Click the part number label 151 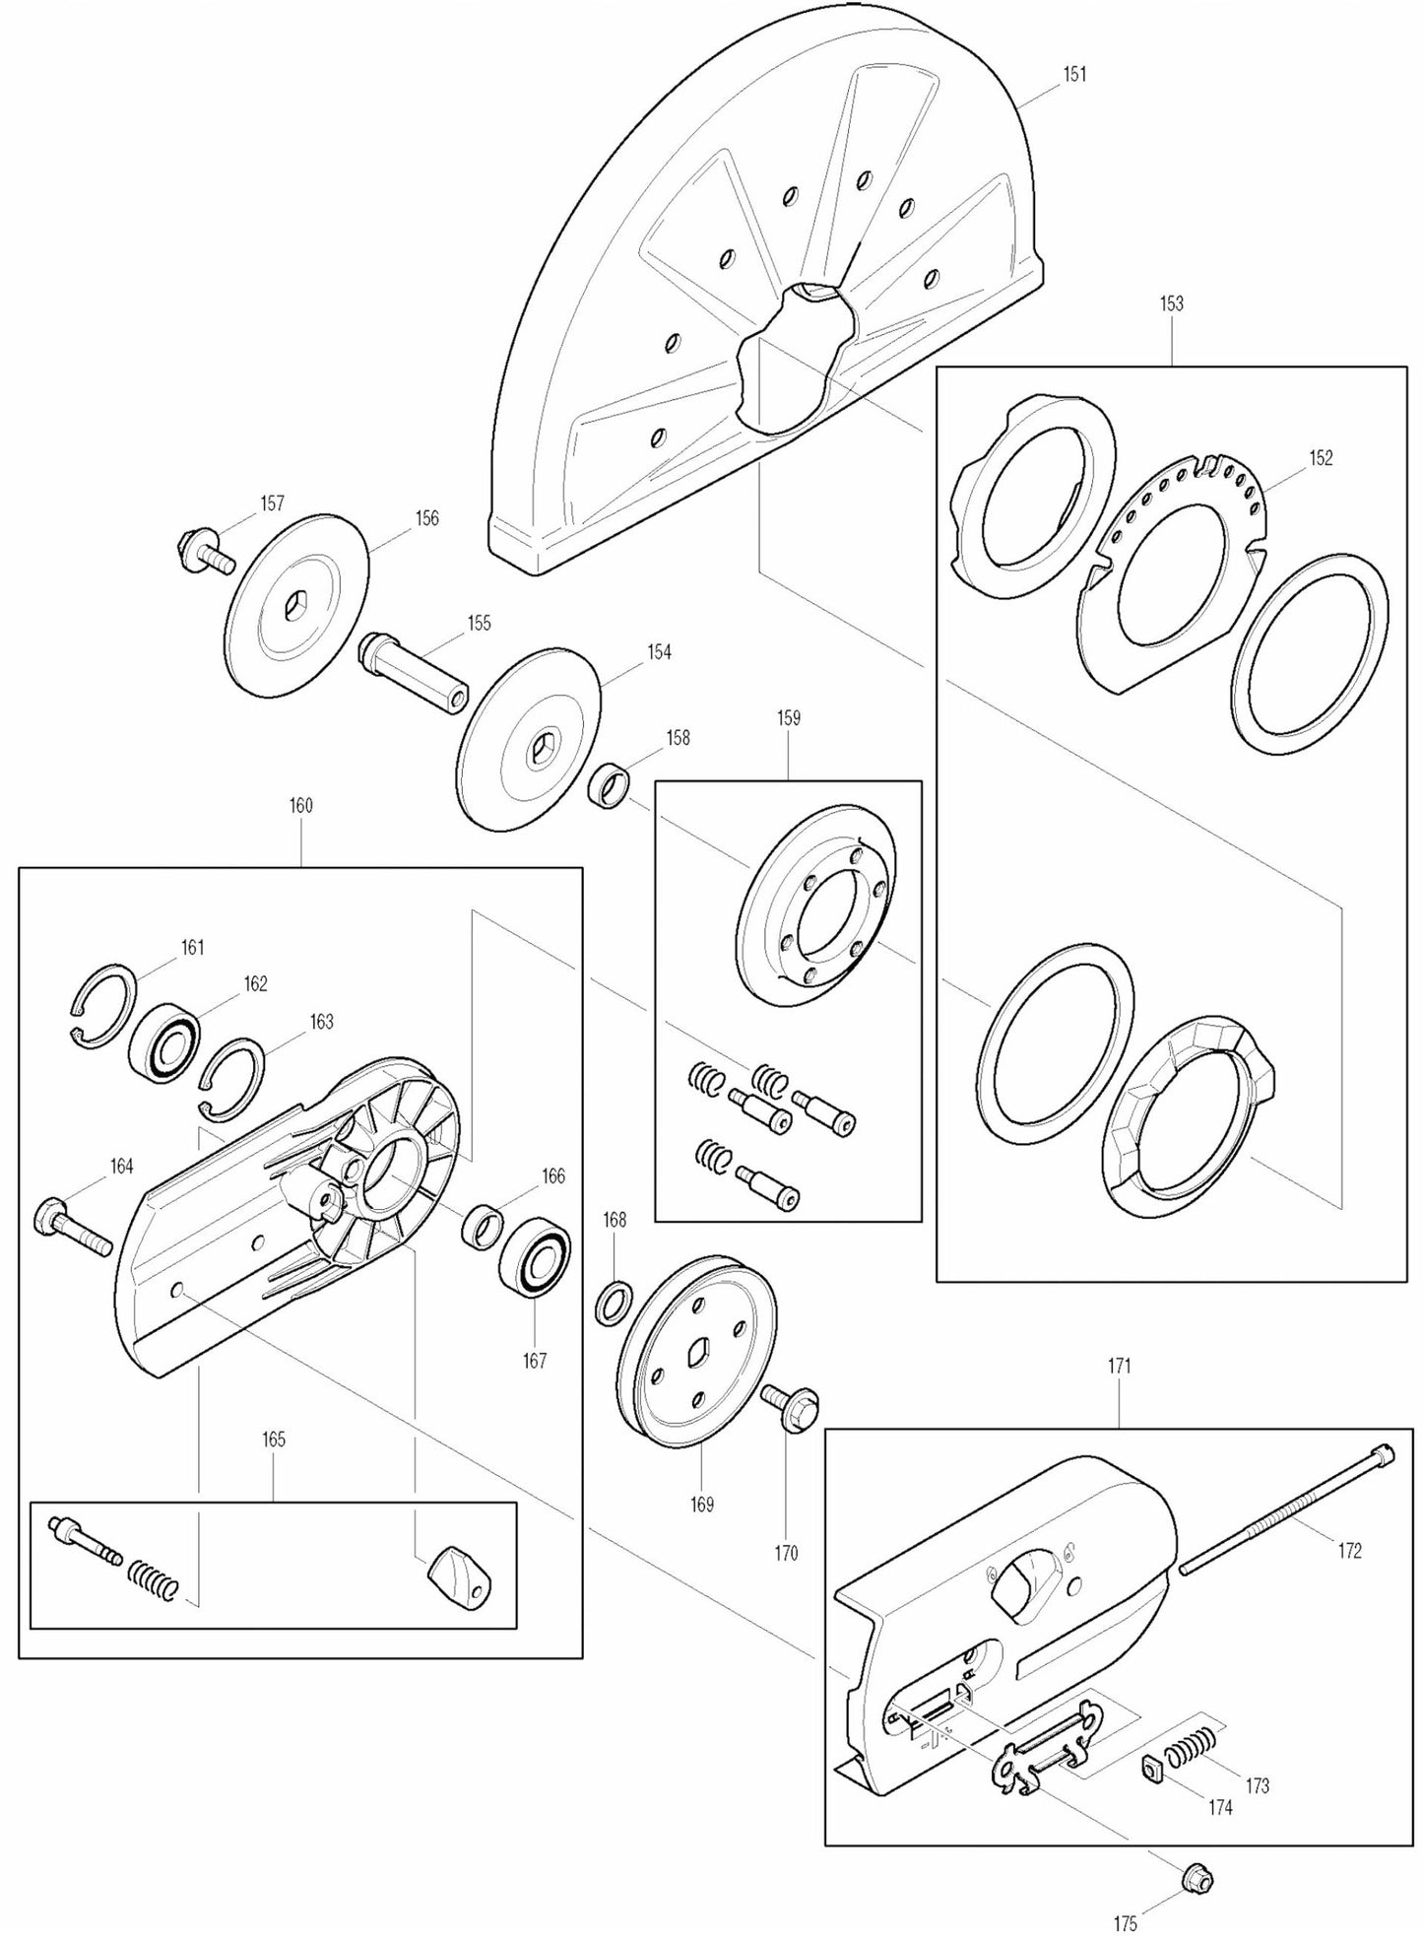[x=1074, y=74]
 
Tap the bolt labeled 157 [x=203, y=552]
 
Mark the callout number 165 [x=273, y=1440]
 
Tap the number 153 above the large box [x=1171, y=304]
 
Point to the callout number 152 [x=1321, y=458]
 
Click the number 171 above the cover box [x=1119, y=1367]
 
